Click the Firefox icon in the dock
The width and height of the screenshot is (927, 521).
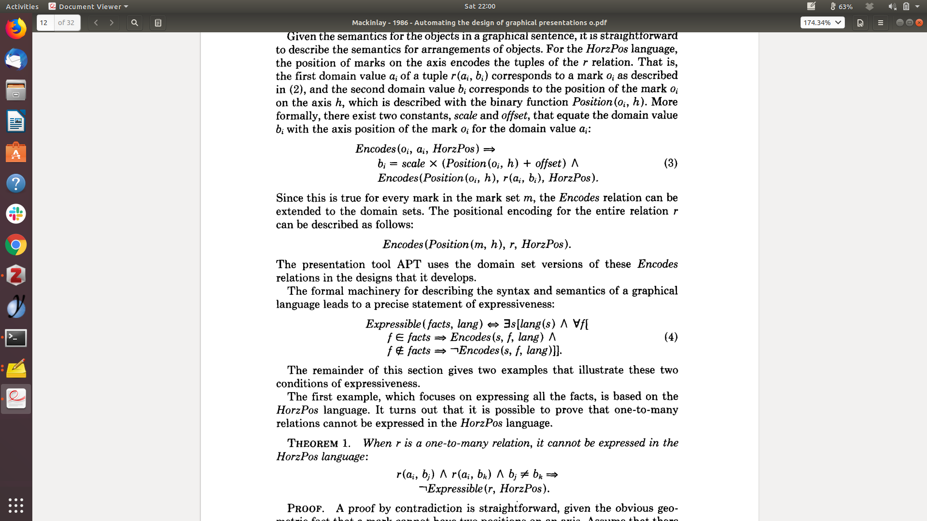pyautogui.click(x=16, y=29)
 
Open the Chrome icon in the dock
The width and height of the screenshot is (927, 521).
pyautogui.click(x=16, y=245)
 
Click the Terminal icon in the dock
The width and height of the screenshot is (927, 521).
pyautogui.click(x=16, y=338)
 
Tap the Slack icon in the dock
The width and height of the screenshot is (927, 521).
pyautogui.click(x=16, y=214)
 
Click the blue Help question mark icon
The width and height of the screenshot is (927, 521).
pyautogui.click(x=16, y=183)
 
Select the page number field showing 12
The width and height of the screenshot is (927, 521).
pyautogui.click(x=45, y=23)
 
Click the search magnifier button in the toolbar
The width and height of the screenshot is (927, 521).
pyautogui.click(x=135, y=23)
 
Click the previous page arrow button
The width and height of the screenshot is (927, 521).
pyautogui.click(x=96, y=23)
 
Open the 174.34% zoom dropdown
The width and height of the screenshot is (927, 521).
pyautogui.click(x=822, y=23)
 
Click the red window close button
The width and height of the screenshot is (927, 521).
pyautogui.click(x=919, y=23)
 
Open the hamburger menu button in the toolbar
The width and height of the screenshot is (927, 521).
pyautogui.click(x=880, y=23)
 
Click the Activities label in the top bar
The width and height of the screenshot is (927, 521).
pyautogui.click(x=22, y=6)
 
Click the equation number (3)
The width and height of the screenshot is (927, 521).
pyautogui.click(x=671, y=163)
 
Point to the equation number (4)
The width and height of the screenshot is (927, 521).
pyautogui.click(x=671, y=337)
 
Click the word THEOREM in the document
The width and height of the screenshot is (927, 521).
pyautogui.click(x=313, y=443)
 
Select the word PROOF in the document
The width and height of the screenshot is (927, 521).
pyautogui.click(x=305, y=508)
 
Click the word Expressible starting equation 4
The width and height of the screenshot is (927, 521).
pyautogui.click(x=393, y=324)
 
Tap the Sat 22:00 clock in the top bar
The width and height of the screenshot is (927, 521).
pyautogui.click(x=479, y=6)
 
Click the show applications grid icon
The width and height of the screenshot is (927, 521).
pyautogui.click(x=16, y=505)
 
